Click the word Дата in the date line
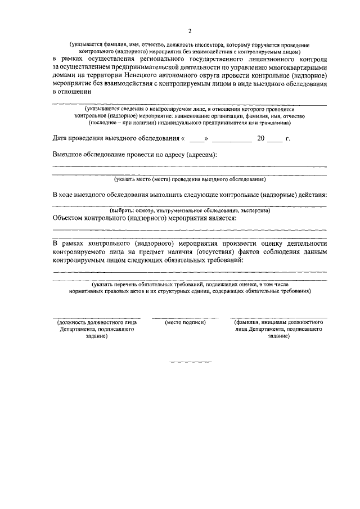pyautogui.click(x=61, y=138)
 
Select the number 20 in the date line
pyautogui.click(x=260, y=138)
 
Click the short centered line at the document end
pyautogui.click(x=190, y=361)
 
